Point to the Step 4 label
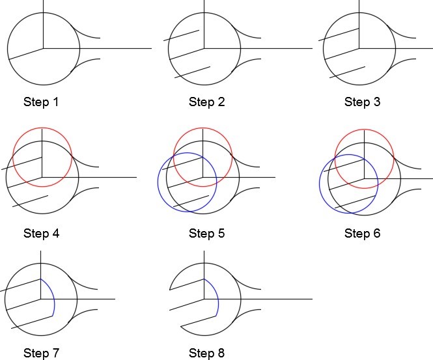(42, 232)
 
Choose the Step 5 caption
(206, 232)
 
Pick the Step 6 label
(362, 232)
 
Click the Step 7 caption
(42, 353)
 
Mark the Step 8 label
(206, 353)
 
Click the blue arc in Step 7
(54, 299)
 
